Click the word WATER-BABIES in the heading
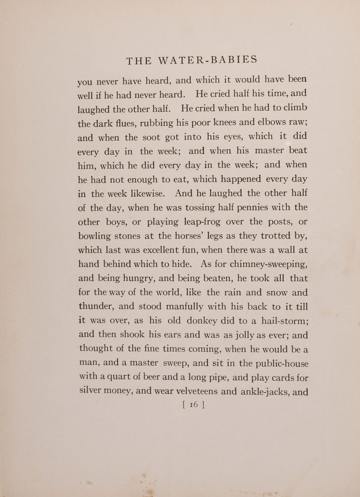[x=215, y=61]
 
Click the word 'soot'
[x=149, y=137]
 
